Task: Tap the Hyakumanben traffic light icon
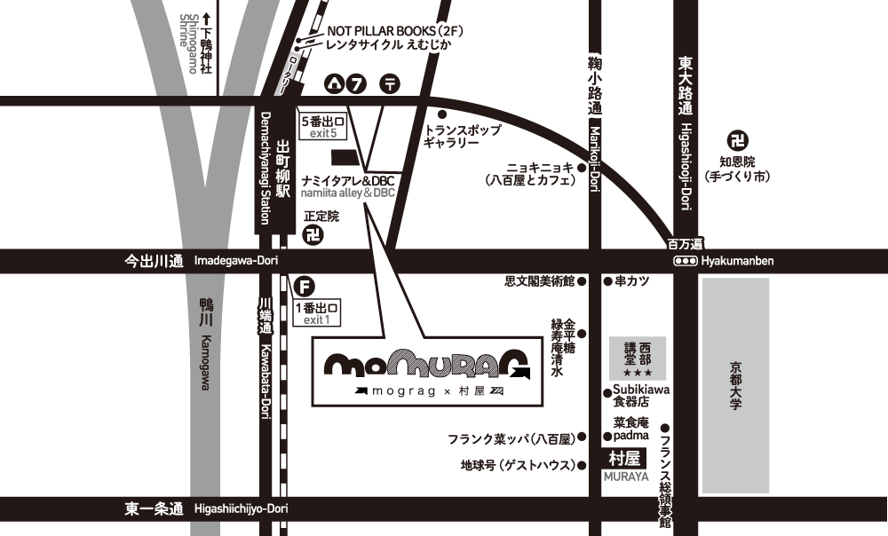[686, 261]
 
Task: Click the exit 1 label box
[316, 313]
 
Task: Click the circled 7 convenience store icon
[357, 84]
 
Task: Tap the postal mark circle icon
[391, 84]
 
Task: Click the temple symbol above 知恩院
[736, 139]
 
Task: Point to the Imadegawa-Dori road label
[231, 261]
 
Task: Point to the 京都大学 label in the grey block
[734, 384]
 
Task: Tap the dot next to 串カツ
[607, 281]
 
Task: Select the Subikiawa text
[641, 390]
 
